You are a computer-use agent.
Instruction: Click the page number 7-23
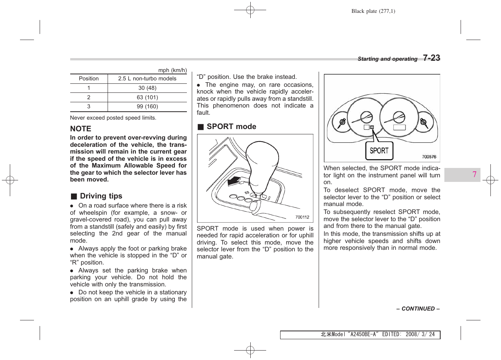[x=431, y=58]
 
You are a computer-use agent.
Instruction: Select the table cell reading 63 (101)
[x=147, y=97]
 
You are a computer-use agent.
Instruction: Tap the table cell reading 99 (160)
[x=147, y=106]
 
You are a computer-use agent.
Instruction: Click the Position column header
[x=89, y=78]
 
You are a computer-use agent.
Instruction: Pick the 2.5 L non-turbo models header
[x=147, y=78]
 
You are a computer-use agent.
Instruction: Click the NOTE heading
[x=80, y=129]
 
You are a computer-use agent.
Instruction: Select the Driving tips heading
[x=101, y=196]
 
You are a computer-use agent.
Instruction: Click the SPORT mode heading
[x=231, y=126]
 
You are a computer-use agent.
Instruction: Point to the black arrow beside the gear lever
[x=234, y=181]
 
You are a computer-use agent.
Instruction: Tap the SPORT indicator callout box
[x=379, y=151]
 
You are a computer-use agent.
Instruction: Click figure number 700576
[x=429, y=157]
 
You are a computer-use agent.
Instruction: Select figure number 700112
[x=302, y=217]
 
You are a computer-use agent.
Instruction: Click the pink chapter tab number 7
[x=474, y=174]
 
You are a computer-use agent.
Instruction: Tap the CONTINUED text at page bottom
[x=418, y=309]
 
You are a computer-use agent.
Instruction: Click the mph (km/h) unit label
[x=172, y=70]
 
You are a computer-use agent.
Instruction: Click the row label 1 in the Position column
[x=89, y=88]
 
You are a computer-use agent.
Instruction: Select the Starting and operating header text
[x=387, y=59]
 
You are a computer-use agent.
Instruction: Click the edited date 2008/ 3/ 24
[x=420, y=334]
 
